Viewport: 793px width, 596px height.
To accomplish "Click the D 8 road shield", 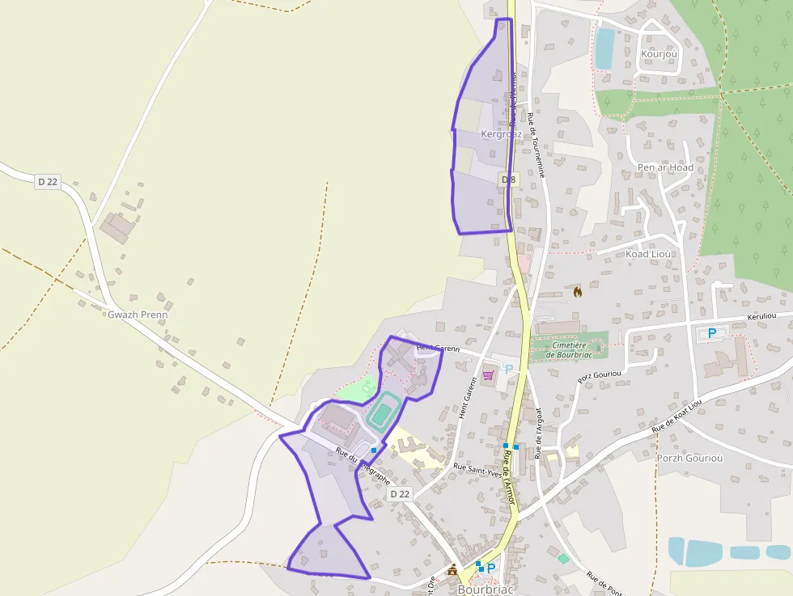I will tap(508, 179).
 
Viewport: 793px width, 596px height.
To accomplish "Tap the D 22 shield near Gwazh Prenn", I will tap(48, 182).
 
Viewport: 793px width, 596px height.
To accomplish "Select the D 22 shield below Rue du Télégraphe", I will tap(400, 493).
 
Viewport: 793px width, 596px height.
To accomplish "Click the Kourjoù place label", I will tap(659, 54).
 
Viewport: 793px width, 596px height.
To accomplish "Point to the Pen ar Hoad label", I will tap(665, 167).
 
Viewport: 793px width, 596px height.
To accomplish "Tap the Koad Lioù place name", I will tap(649, 254).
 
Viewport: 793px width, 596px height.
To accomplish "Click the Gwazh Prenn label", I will tap(137, 314).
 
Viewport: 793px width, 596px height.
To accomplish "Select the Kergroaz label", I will tap(501, 133).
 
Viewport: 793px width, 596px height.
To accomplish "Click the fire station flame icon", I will tap(577, 292).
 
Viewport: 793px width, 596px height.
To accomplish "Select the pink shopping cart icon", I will tap(488, 375).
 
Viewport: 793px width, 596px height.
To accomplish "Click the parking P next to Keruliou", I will tap(712, 332).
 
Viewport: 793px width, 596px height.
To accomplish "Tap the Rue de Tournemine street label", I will tap(536, 146).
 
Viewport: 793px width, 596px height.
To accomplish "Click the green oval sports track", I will tap(382, 411).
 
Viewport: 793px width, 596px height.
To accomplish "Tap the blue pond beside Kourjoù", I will tap(604, 49).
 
